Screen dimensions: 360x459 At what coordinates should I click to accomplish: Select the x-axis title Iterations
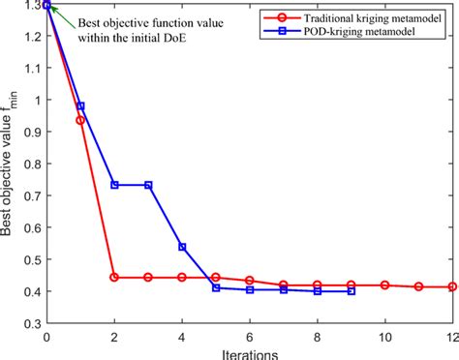(x=249, y=350)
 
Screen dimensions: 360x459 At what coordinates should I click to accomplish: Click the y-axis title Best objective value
(x=12, y=165)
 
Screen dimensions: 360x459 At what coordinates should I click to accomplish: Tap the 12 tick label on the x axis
(x=451, y=338)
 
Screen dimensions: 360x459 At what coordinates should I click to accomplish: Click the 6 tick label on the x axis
(x=250, y=338)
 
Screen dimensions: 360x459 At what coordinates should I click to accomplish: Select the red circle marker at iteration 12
(x=451, y=287)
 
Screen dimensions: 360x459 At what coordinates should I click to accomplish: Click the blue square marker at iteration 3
(x=148, y=185)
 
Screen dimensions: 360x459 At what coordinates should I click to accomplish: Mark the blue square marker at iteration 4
(x=182, y=247)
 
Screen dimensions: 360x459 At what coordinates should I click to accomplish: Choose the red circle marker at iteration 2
(x=114, y=278)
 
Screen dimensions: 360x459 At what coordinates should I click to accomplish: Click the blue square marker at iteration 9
(x=351, y=291)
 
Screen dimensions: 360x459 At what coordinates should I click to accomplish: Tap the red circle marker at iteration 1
(x=80, y=120)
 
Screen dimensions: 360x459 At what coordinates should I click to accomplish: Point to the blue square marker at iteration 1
(x=80, y=106)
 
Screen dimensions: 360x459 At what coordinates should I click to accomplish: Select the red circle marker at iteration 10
(x=384, y=285)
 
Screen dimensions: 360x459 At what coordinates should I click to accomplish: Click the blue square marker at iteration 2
(x=114, y=185)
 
